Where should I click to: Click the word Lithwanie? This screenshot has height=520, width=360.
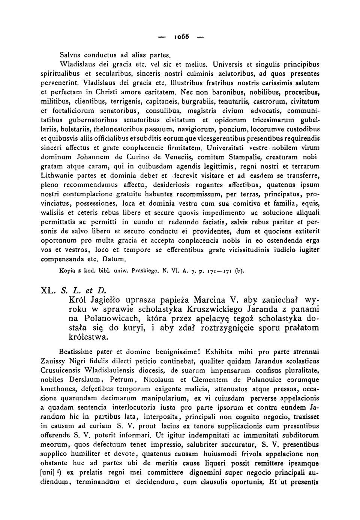pyautogui.click(x=57, y=175)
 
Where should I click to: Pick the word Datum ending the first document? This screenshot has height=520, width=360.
pyautogui.click(x=115, y=259)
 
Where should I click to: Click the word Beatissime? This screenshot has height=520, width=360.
pyautogui.click(x=77, y=352)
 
